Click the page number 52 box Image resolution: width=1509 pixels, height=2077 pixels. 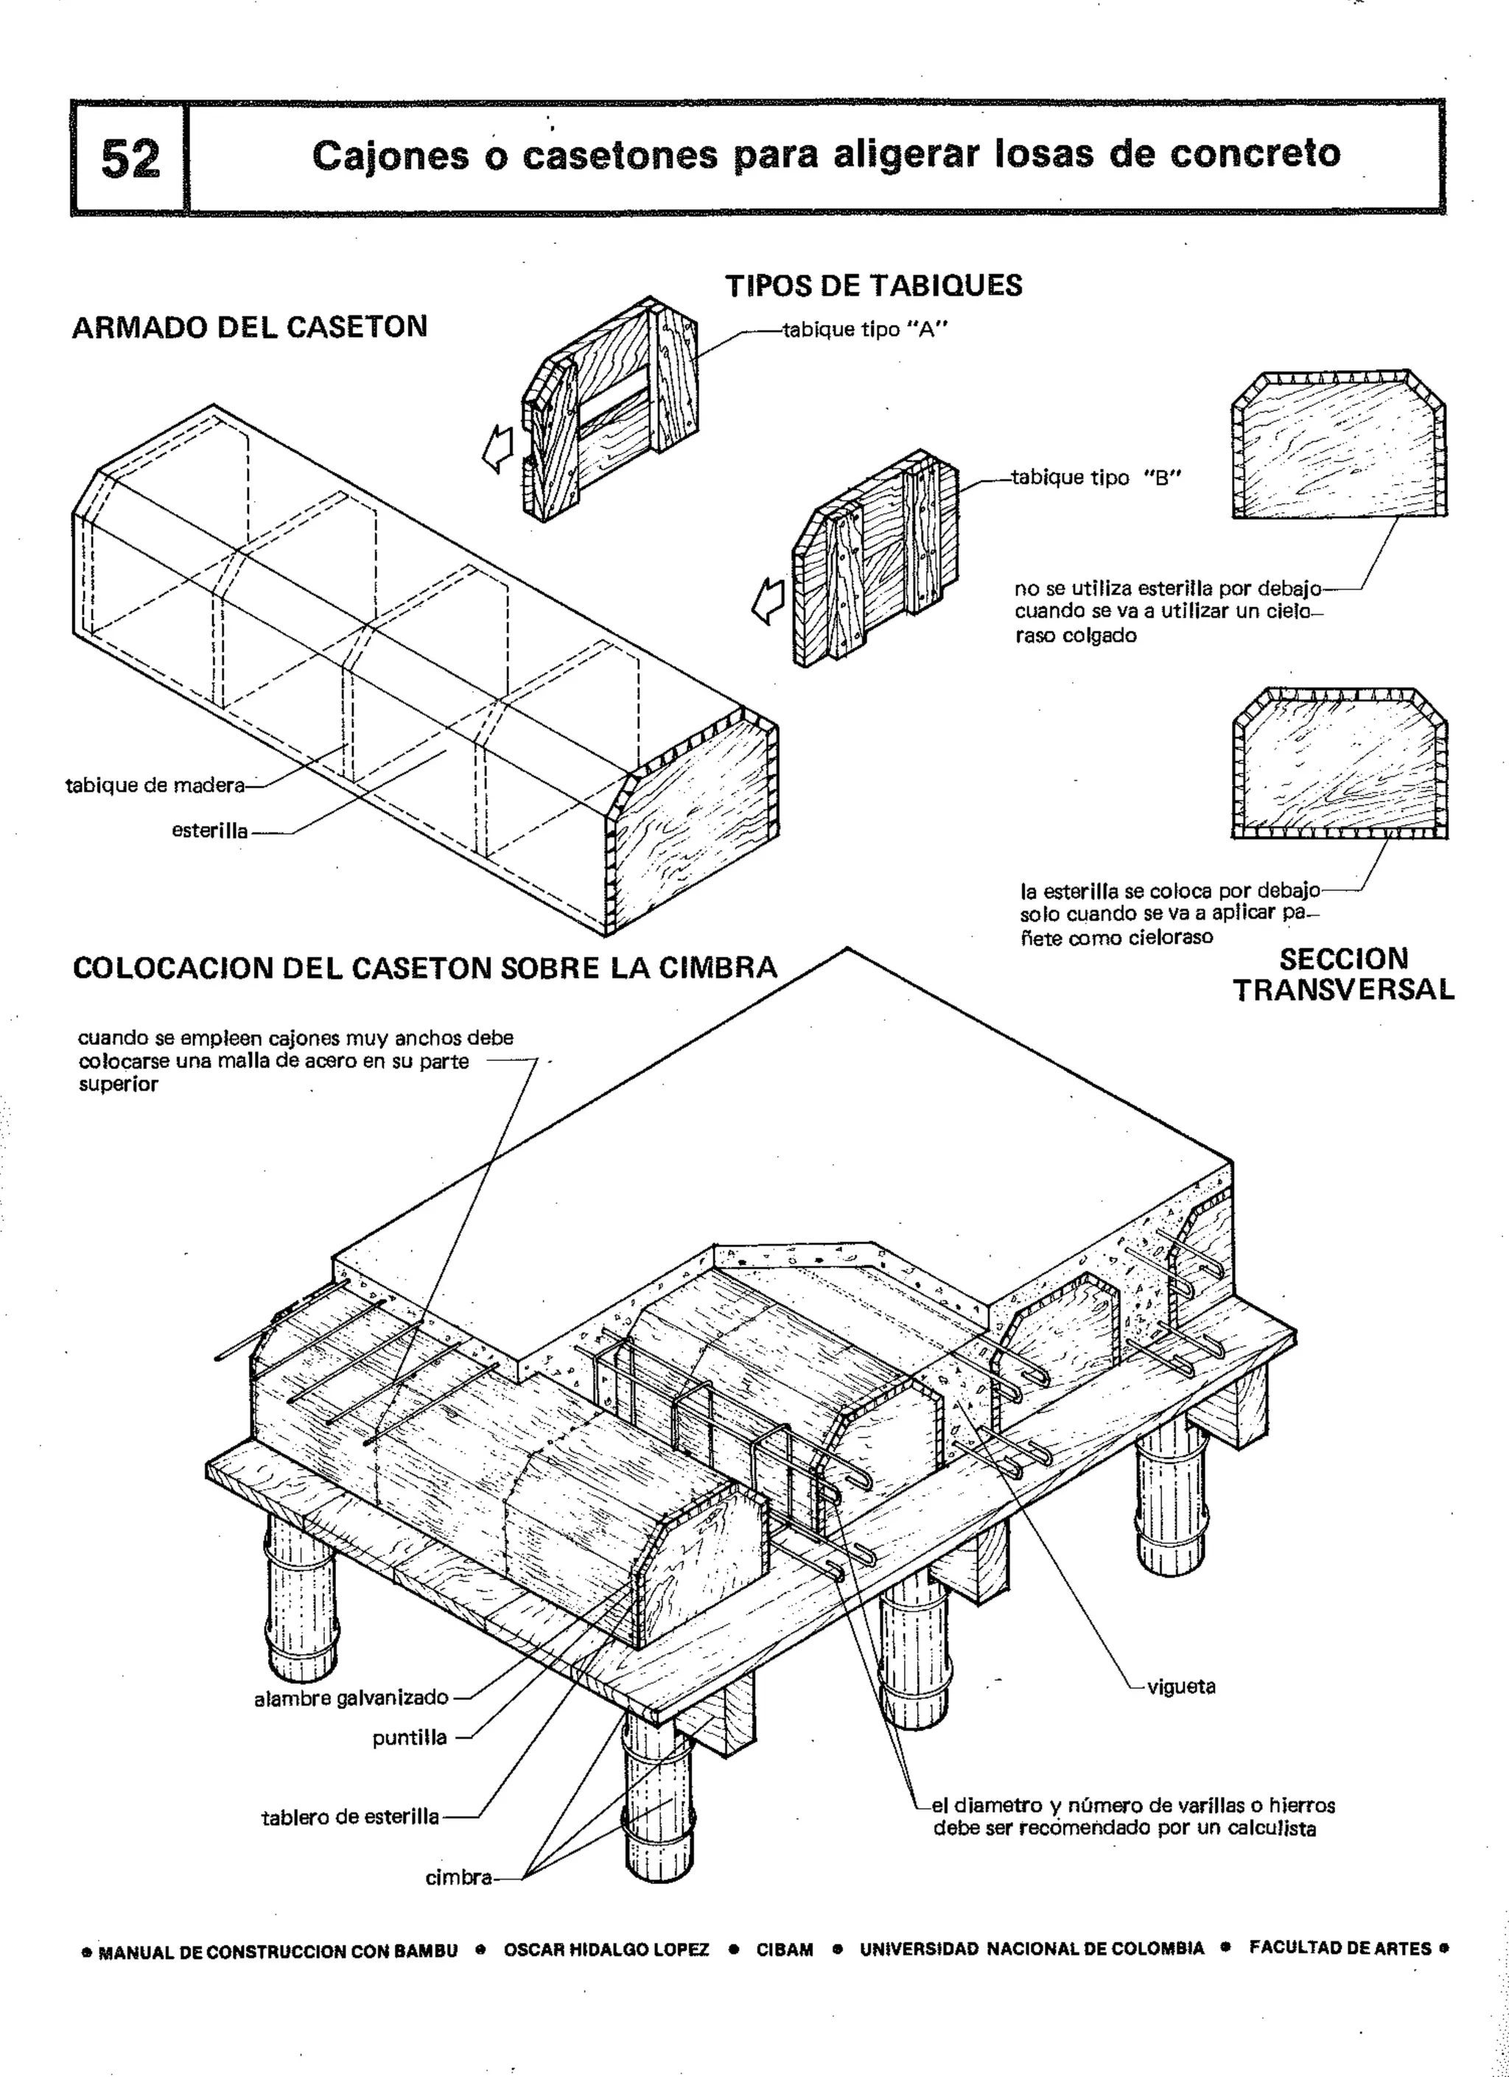(129, 158)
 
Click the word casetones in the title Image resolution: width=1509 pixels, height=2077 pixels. (620, 155)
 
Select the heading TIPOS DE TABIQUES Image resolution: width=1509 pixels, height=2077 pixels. (874, 286)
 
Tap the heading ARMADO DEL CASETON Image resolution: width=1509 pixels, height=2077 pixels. (249, 327)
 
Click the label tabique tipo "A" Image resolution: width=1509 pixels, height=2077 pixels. (864, 329)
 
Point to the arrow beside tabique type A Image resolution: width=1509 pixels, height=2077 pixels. (498, 449)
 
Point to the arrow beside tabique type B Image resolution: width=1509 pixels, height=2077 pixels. (767, 602)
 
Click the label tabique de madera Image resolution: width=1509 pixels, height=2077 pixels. (155, 785)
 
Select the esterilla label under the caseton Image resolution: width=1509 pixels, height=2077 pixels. (210, 830)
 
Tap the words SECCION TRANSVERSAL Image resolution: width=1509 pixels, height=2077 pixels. (1342, 974)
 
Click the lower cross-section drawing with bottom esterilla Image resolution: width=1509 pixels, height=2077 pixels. (1339, 762)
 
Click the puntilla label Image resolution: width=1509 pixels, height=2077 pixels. (409, 1738)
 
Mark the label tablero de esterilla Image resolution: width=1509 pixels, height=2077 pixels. (350, 1817)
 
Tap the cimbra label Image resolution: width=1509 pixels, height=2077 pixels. (458, 1877)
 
